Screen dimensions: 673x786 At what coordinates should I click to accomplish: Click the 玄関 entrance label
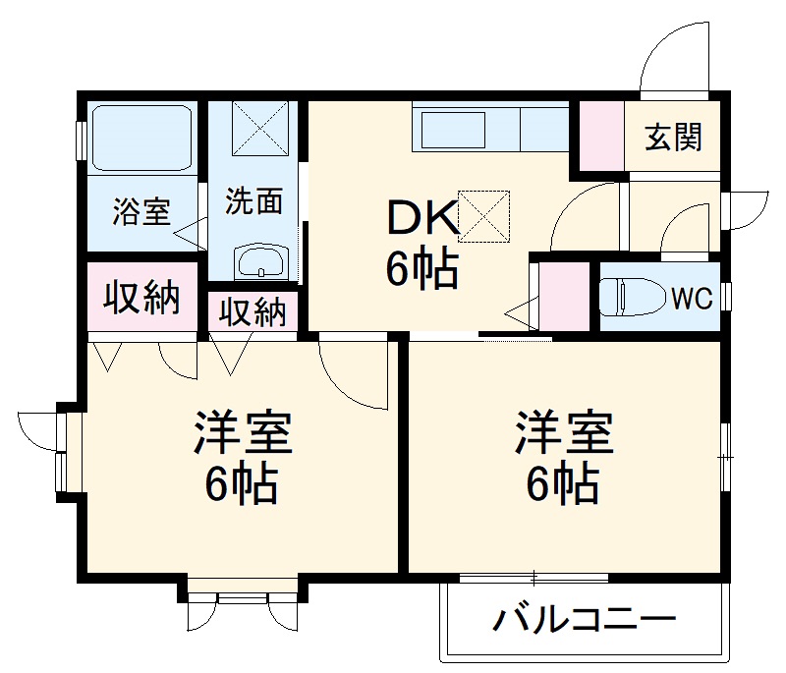click(x=674, y=139)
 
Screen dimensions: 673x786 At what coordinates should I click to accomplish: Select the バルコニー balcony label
click(x=585, y=620)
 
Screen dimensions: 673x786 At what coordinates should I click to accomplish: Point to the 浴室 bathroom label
click(x=141, y=211)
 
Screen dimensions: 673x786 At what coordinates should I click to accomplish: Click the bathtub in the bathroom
click(x=142, y=137)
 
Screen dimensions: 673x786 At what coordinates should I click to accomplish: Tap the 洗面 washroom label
click(x=254, y=201)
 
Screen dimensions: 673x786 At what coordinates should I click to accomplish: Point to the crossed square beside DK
click(x=484, y=215)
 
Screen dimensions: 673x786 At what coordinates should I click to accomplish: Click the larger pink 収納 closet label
click(x=143, y=298)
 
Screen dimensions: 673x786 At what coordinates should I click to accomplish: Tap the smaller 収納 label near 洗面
click(x=253, y=311)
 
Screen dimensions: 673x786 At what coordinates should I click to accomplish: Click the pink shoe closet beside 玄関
click(x=599, y=135)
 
